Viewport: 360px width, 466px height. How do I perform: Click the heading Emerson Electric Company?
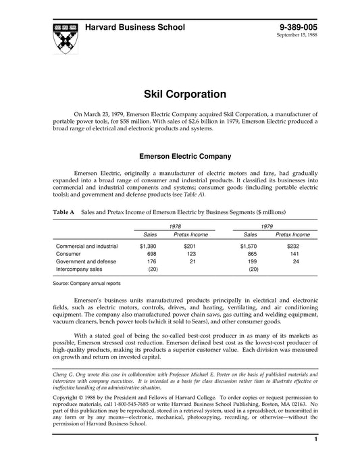click(x=180, y=155)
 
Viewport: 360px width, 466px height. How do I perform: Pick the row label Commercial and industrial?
click(x=86, y=247)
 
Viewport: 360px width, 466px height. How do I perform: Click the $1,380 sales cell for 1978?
click(x=147, y=247)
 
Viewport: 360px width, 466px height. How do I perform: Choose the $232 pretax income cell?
click(x=292, y=247)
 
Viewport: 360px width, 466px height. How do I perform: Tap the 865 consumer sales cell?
click(x=253, y=254)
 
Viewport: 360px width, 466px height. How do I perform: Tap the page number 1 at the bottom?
click(x=315, y=459)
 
